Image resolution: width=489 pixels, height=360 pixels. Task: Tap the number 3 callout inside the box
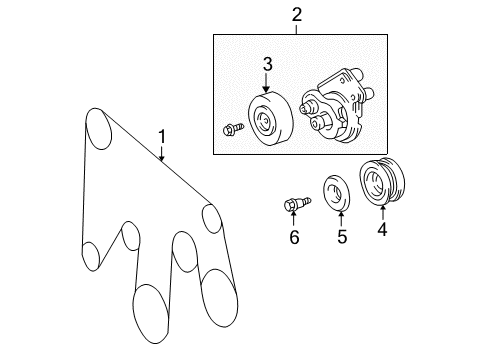pyautogui.click(x=267, y=66)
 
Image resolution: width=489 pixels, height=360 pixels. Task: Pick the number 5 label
pyautogui.click(x=340, y=237)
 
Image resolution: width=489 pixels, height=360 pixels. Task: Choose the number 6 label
pyautogui.click(x=294, y=238)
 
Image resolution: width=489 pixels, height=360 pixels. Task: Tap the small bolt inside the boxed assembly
pyautogui.click(x=229, y=130)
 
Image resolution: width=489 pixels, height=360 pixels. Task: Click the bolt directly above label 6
pyautogui.click(x=293, y=205)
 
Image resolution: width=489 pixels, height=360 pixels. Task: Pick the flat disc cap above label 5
pyautogui.click(x=339, y=193)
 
